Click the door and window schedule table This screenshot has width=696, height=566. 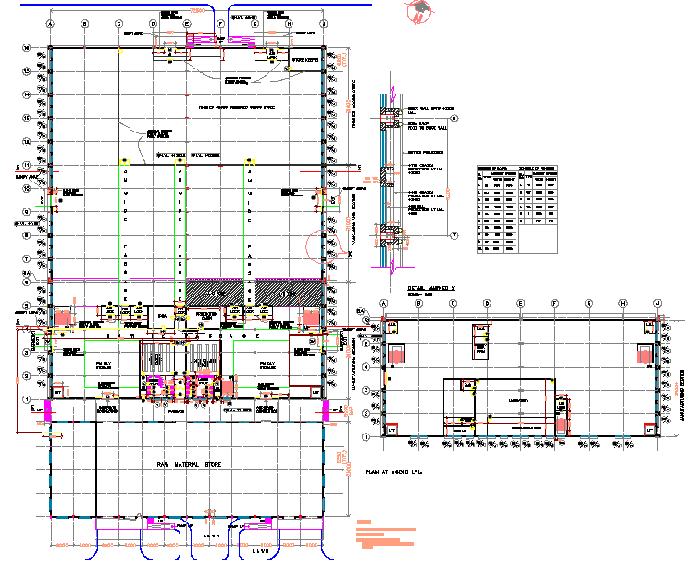tap(518, 208)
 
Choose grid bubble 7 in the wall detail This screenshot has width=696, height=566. tap(454, 235)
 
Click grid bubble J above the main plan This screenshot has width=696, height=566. tap(323, 23)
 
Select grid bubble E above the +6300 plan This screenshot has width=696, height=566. tap(521, 303)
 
